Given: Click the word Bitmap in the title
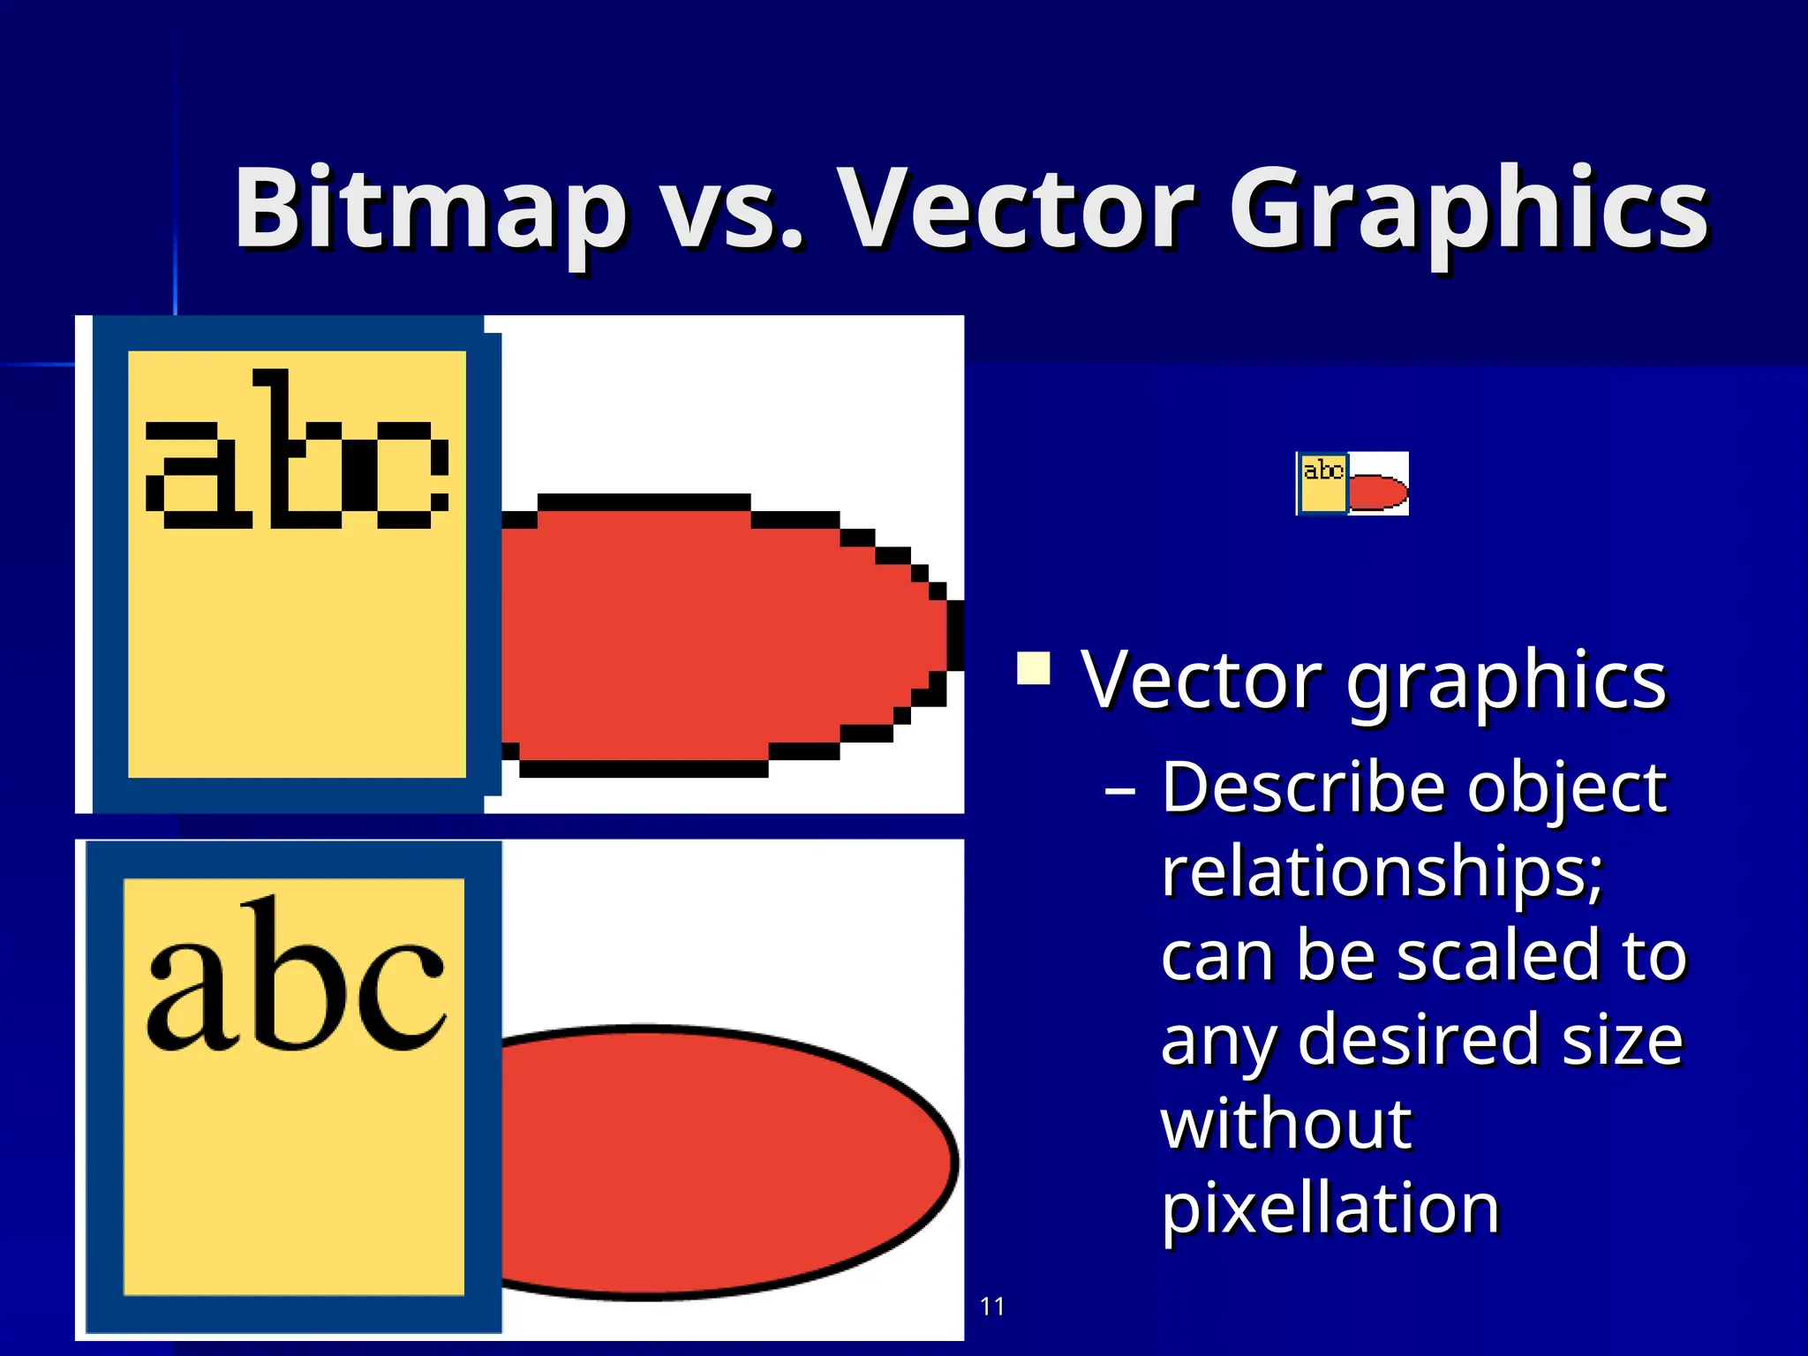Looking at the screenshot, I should [x=430, y=209].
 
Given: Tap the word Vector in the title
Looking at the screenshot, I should [x=1015, y=209].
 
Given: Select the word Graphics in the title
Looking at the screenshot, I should [x=1469, y=209].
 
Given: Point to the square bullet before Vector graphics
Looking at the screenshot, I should [x=1033, y=668].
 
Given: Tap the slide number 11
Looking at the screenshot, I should [x=992, y=1307].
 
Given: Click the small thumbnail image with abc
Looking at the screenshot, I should [x=1352, y=483].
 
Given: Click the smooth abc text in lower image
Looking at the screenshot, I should [x=297, y=980].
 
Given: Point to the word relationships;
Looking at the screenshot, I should [x=1382, y=871].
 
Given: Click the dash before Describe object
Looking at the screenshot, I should [x=1120, y=790].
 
